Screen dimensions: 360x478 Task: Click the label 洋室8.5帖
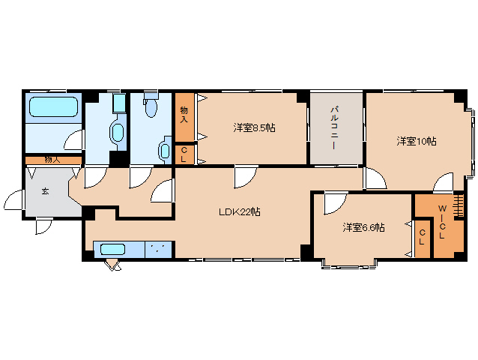tap(254, 128)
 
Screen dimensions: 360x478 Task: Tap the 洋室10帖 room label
tap(417, 141)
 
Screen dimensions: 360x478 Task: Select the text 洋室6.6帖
tap(363, 226)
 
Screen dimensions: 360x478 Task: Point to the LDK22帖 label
tap(240, 212)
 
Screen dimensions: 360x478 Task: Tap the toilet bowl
tap(151, 109)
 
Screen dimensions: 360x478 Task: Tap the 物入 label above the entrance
tap(52, 160)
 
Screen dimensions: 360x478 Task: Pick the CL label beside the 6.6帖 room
tap(422, 237)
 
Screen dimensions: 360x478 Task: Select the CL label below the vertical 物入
tap(184, 154)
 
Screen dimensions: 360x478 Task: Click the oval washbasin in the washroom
tap(116, 132)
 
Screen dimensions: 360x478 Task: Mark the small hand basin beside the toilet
tap(164, 150)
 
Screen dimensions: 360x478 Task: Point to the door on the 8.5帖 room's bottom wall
tap(244, 178)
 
